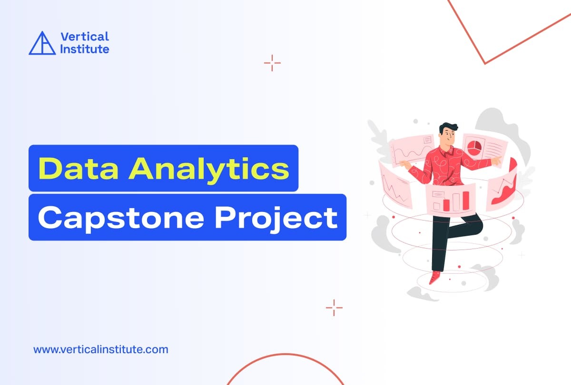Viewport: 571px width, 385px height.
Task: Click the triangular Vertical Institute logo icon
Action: (x=42, y=43)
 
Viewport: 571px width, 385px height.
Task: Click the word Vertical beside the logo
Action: (x=85, y=37)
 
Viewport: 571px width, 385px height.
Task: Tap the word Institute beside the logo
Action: (x=85, y=49)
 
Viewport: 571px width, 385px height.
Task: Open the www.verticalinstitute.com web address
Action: (x=100, y=350)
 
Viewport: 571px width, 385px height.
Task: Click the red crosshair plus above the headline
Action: (x=272, y=63)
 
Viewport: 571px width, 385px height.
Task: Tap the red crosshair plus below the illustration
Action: (x=334, y=308)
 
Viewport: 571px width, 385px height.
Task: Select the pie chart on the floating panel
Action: (x=473, y=147)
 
